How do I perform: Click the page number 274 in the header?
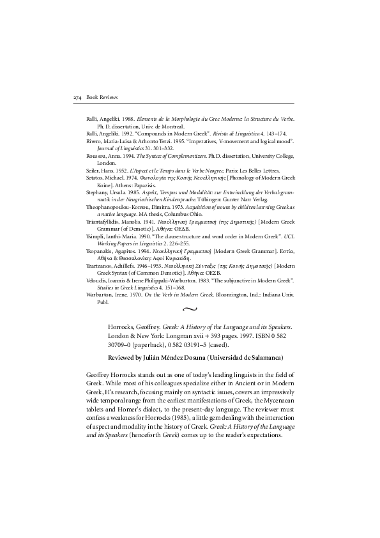pos(78,96)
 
